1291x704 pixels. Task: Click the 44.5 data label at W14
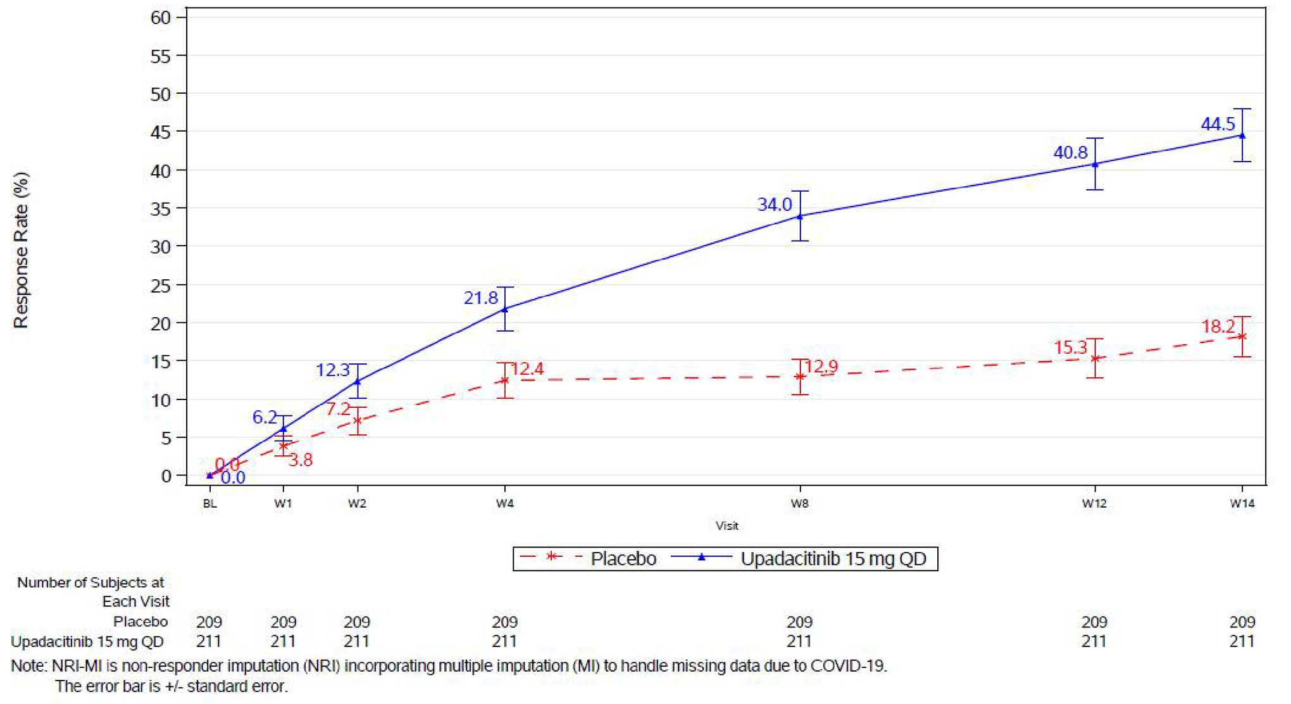pyautogui.click(x=1218, y=124)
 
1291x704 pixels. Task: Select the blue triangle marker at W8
pyautogui.click(x=800, y=217)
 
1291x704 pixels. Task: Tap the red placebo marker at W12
pyautogui.click(x=1095, y=358)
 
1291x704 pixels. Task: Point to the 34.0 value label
pyautogui.click(x=774, y=204)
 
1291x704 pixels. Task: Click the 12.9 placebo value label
pyautogui.click(x=821, y=367)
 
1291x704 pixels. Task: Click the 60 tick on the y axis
pyautogui.click(x=161, y=18)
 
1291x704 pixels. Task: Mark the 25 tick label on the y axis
pyautogui.click(x=161, y=286)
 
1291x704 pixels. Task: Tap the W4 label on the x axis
pyautogui.click(x=504, y=503)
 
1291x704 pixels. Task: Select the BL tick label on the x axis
pyautogui.click(x=209, y=504)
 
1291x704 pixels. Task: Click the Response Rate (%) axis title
pyautogui.click(x=21, y=249)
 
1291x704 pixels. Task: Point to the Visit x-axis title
pyautogui.click(x=727, y=525)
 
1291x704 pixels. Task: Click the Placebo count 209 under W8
pyautogui.click(x=800, y=622)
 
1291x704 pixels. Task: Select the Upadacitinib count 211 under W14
pyautogui.click(x=1242, y=641)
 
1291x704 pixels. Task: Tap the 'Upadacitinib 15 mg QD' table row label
pyautogui.click(x=87, y=641)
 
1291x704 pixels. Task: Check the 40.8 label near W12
pyautogui.click(x=1070, y=153)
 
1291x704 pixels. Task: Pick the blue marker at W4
pyautogui.click(x=504, y=310)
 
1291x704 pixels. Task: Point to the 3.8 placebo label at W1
pyautogui.click(x=301, y=460)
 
